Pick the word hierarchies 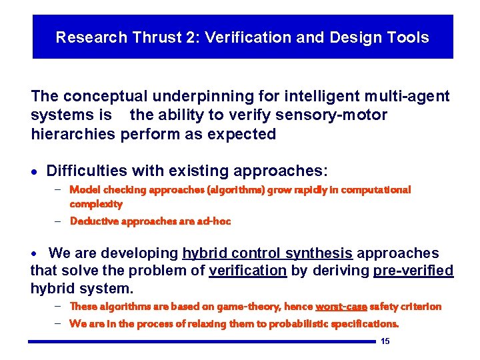pos(73,134)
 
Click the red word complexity pos(96,204)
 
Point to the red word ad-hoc pos(213,221)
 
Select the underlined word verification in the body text pos(247,271)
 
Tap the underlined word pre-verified pos(413,271)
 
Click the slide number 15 pos(385,342)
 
